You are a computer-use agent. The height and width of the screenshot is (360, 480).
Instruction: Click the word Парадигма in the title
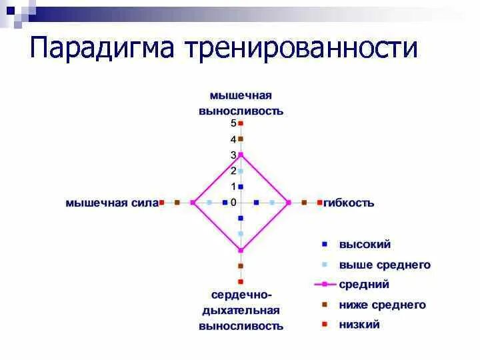coord(101,49)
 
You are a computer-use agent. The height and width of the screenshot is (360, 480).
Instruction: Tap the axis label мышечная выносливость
coord(241,104)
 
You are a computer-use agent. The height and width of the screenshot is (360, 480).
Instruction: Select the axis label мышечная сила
coord(111,203)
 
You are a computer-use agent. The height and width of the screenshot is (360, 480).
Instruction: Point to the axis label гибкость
coord(349,203)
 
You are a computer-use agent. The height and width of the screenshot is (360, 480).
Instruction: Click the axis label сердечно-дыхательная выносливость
coord(241,310)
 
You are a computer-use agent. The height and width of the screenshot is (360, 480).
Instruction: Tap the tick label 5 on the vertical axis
coord(233,123)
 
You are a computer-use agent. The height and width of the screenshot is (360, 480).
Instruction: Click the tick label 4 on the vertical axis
coord(233,139)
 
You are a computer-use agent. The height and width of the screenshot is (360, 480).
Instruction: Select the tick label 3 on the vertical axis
coord(233,155)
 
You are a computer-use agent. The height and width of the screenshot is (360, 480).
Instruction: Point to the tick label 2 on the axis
coord(233,171)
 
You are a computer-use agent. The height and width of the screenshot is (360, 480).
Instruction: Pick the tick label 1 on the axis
coord(233,187)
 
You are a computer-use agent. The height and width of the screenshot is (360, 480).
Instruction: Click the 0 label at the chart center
coord(233,203)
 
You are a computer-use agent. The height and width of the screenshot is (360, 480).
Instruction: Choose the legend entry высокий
coord(364,245)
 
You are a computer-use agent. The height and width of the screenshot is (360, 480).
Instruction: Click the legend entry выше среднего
coord(384,265)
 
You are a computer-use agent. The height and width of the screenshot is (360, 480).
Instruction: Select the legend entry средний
coord(363,285)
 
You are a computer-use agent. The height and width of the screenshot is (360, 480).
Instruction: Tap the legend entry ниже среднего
coord(381,305)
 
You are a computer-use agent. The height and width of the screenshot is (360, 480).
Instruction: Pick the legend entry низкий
coord(359,325)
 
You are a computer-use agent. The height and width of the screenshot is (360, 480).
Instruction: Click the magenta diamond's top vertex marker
coord(241,155)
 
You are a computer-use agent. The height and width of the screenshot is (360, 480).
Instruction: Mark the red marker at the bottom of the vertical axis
coord(241,281)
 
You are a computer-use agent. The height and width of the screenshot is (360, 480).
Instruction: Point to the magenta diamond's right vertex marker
coord(289,202)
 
